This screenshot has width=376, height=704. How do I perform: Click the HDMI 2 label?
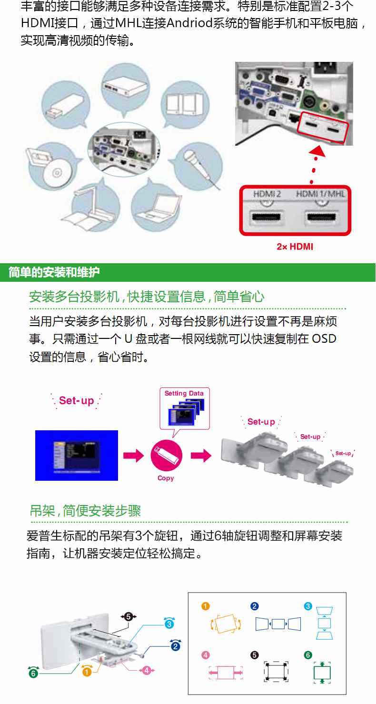pyautogui.click(x=267, y=194)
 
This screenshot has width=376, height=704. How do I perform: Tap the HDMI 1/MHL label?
pyautogui.click(x=320, y=194)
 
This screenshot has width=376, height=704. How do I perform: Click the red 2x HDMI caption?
pyautogui.click(x=295, y=247)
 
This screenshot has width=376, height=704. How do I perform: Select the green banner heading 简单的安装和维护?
pyautogui.click(x=54, y=272)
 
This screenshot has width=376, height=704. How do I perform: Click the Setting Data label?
pyautogui.click(x=184, y=393)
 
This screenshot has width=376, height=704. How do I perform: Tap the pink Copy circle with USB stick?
pyautogui.click(x=166, y=456)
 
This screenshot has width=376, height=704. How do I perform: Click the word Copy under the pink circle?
pyautogui.click(x=166, y=478)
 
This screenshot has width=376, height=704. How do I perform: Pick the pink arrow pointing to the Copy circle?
pyautogui.click(x=133, y=456)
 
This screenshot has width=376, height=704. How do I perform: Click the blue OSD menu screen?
pyautogui.click(x=77, y=456)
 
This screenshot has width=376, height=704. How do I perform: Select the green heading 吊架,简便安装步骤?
pyautogui.click(x=85, y=511)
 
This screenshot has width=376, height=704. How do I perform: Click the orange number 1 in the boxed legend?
pyautogui.click(x=205, y=606)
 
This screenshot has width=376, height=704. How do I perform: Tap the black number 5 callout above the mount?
pyautogui.click(x=128, y=616)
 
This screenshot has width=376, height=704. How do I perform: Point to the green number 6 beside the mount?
pyautogui.click(x=33, y=673)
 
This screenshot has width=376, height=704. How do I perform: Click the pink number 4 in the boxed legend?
pyautogui.click(x=205, y=655)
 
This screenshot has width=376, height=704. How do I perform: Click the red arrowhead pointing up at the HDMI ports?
pyautogui.click(x=317, y=151)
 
